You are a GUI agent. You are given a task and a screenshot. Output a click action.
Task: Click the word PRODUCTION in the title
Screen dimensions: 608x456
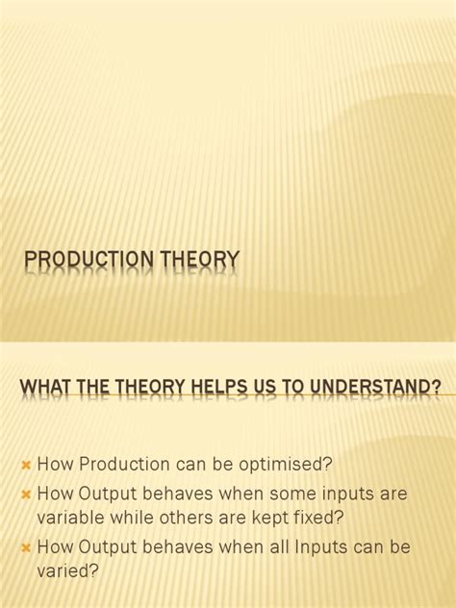[x=83, y=261]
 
